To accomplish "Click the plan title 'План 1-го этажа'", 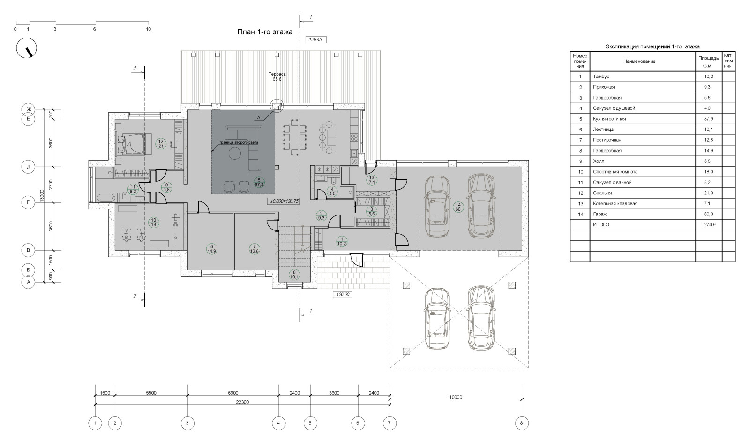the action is (x=265, y=32).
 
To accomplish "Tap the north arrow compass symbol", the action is (x=26, y=48).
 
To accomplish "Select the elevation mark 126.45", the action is (x=316, y=39).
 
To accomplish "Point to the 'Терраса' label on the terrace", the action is (x=277, y=74).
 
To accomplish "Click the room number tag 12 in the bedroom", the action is (x=161, y=144).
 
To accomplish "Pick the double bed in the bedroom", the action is (x=130, y=144).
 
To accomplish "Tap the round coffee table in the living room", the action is (x=235, y=154).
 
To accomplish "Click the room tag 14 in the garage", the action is (x=458, y=207).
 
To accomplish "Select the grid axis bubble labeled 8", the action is (x=521, y=423).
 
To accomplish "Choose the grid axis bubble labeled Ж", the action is (x=29, y=110).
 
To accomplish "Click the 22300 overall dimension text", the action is (x=242, y=402).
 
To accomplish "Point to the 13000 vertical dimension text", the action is (x=42, y=196).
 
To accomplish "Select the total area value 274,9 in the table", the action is (x=710, y=225).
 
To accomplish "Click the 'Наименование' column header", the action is (x=639, y=61).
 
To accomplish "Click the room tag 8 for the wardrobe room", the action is (x=211, y=248).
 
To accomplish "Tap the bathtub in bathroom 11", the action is (x=105, y=198).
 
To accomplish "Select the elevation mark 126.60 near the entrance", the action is (x=343, y=294).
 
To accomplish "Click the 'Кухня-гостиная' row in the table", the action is (x=652, y=119).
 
